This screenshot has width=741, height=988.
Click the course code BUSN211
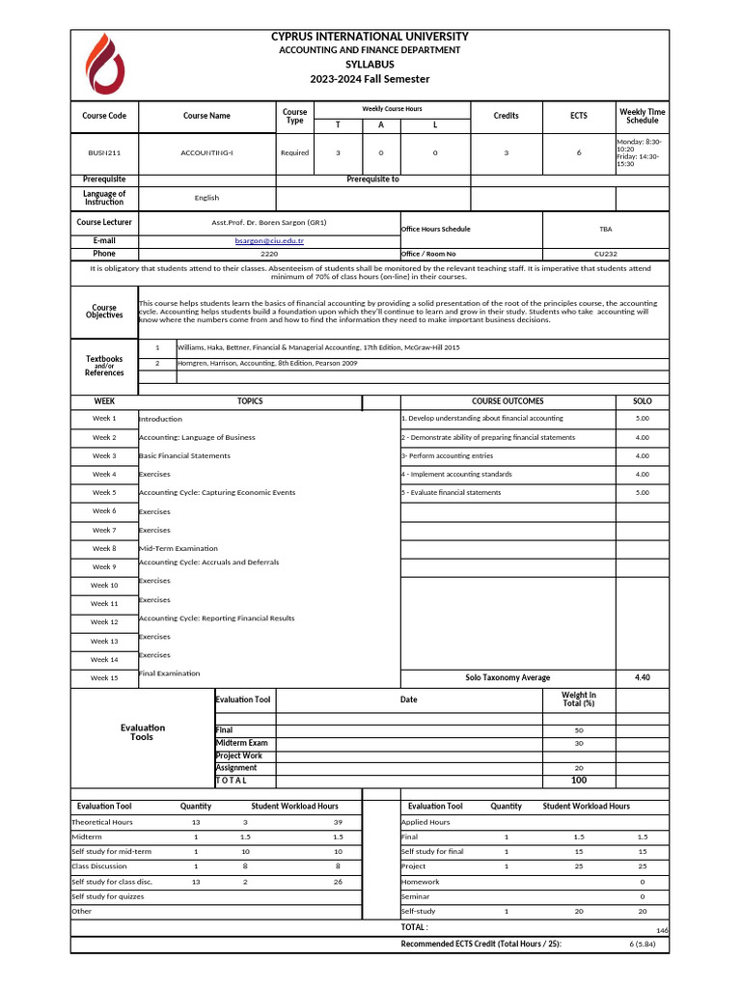pos(104,152)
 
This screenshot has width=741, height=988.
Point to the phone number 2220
pos(269,254)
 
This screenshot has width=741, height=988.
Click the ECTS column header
pos(578,116)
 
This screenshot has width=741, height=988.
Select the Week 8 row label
pos(104,548)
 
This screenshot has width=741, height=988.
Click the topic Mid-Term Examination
pos(178,548)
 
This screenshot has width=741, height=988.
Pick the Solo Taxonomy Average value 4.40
pos(642,677)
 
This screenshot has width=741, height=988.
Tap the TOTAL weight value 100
pos(578,780)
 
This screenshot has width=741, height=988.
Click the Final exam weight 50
pos(578,730)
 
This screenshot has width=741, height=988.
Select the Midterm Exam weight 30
pos(578,743)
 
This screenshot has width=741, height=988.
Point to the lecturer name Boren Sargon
pos(269,222)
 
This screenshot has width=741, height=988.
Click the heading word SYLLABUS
pos(370,64)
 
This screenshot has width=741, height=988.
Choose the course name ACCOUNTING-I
pos(206,152)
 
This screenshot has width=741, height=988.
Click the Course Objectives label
pos(104,312)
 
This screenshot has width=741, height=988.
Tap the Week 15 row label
pos(104,677)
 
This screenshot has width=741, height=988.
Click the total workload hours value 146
pos(662,930)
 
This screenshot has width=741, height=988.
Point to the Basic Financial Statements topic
pos(184,455)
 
